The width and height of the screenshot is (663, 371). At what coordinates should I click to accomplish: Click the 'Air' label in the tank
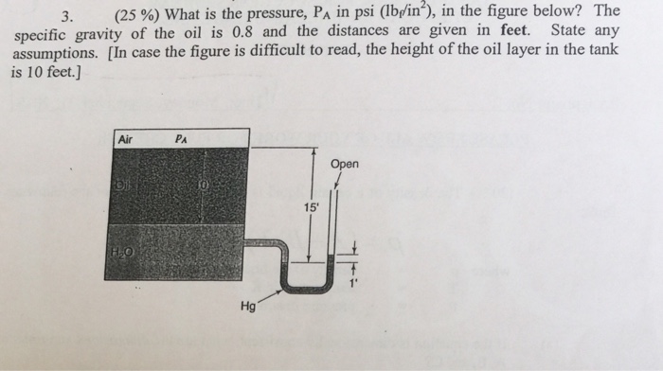pos(125,139)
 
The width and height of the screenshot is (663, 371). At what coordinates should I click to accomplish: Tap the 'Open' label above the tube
pos(345,165)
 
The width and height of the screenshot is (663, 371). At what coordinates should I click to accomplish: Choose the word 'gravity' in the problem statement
pos(102,34)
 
